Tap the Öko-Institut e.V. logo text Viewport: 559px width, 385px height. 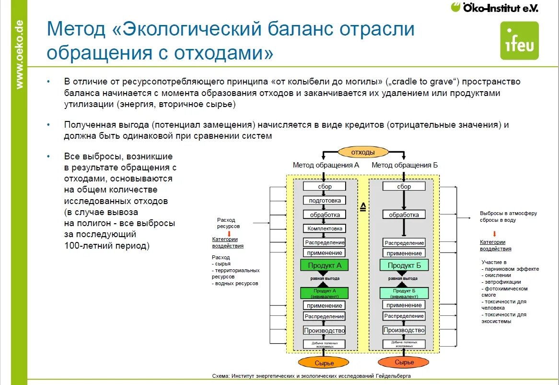[495, 8]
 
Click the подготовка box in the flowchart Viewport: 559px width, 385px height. [325, 200]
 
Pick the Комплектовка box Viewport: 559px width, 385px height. [325, 229]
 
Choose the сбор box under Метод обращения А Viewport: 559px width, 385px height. [325, 186]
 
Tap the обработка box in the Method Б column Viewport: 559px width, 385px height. [404, 215]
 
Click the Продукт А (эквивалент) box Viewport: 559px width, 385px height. [325, 293]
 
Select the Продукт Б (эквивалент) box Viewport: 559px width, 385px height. [404, 293]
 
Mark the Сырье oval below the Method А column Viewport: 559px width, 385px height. [325, 363]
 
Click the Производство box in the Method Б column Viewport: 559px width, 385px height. [404, 330]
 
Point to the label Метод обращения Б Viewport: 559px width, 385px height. [405, 165]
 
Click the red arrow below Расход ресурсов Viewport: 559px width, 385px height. [229, 233]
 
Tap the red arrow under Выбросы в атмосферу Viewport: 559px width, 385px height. [494, 234]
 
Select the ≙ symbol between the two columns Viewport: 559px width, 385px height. [363, 207]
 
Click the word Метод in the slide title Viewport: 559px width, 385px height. [76, 30]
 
